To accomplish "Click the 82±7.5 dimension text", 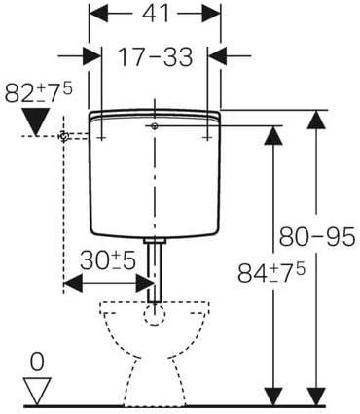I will click(x=38, y=94).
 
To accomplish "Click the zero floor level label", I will click(x=37, y=362).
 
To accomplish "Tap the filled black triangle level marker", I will click(x=38, y=123).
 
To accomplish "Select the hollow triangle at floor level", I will click(x=37, y=391).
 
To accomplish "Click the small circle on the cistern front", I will click(x=154, y=127).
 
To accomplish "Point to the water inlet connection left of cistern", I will click(x=66, y=138).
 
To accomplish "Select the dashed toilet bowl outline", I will click(x=153, y=350).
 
